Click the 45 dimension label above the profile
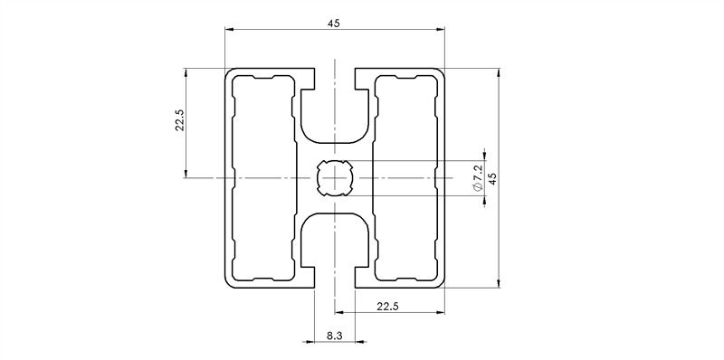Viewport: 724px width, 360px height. point(335,24)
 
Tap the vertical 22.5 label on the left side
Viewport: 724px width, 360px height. point(179,121)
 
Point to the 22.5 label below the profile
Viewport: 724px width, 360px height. point(386,308)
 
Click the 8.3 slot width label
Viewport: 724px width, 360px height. point(334,336)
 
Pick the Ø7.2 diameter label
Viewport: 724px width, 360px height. point(478,178)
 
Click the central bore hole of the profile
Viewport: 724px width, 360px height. point(335,178)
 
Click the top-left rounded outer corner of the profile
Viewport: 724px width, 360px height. point(229,72)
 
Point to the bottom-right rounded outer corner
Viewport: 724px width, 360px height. point(442,284)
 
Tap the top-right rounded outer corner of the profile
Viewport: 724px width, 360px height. point(442,72)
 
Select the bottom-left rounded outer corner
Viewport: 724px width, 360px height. point(229,284)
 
